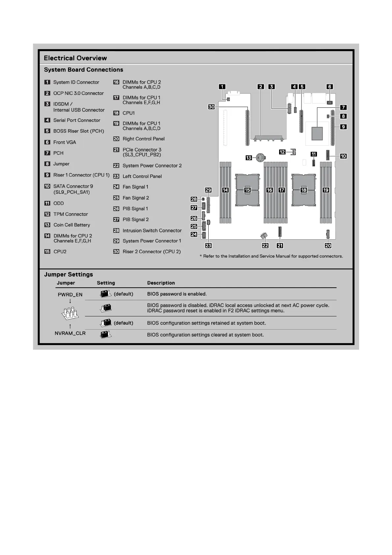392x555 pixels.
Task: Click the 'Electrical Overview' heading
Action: click(75, 58)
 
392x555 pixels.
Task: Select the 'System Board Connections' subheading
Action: click(84, 70)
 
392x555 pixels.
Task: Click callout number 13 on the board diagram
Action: click(249, 158)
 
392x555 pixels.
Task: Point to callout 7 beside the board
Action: click(343, 107)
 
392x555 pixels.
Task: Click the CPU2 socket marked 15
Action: click(247, 190)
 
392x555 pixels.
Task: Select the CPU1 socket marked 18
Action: click(303, 190)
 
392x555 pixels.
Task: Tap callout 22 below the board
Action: click(265, 246)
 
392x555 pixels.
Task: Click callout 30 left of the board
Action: click(211, 107)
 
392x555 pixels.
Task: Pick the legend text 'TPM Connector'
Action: click(71, 214)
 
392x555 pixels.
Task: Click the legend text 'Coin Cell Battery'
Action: click(72, 225)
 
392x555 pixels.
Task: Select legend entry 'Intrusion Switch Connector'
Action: click(152, 231)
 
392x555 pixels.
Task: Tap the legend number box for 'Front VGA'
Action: click(47, 142)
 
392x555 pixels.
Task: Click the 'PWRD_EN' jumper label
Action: click(70, 295)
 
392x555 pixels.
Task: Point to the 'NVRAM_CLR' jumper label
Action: click(70, 333)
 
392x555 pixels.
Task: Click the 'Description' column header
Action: click(161, 283)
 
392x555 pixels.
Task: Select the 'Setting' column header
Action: click(106, 283)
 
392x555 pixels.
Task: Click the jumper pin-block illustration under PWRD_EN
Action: click(70, 313)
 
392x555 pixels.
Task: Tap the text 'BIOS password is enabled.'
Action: click(177, 294)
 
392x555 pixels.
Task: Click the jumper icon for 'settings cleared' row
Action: click(106, 335)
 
